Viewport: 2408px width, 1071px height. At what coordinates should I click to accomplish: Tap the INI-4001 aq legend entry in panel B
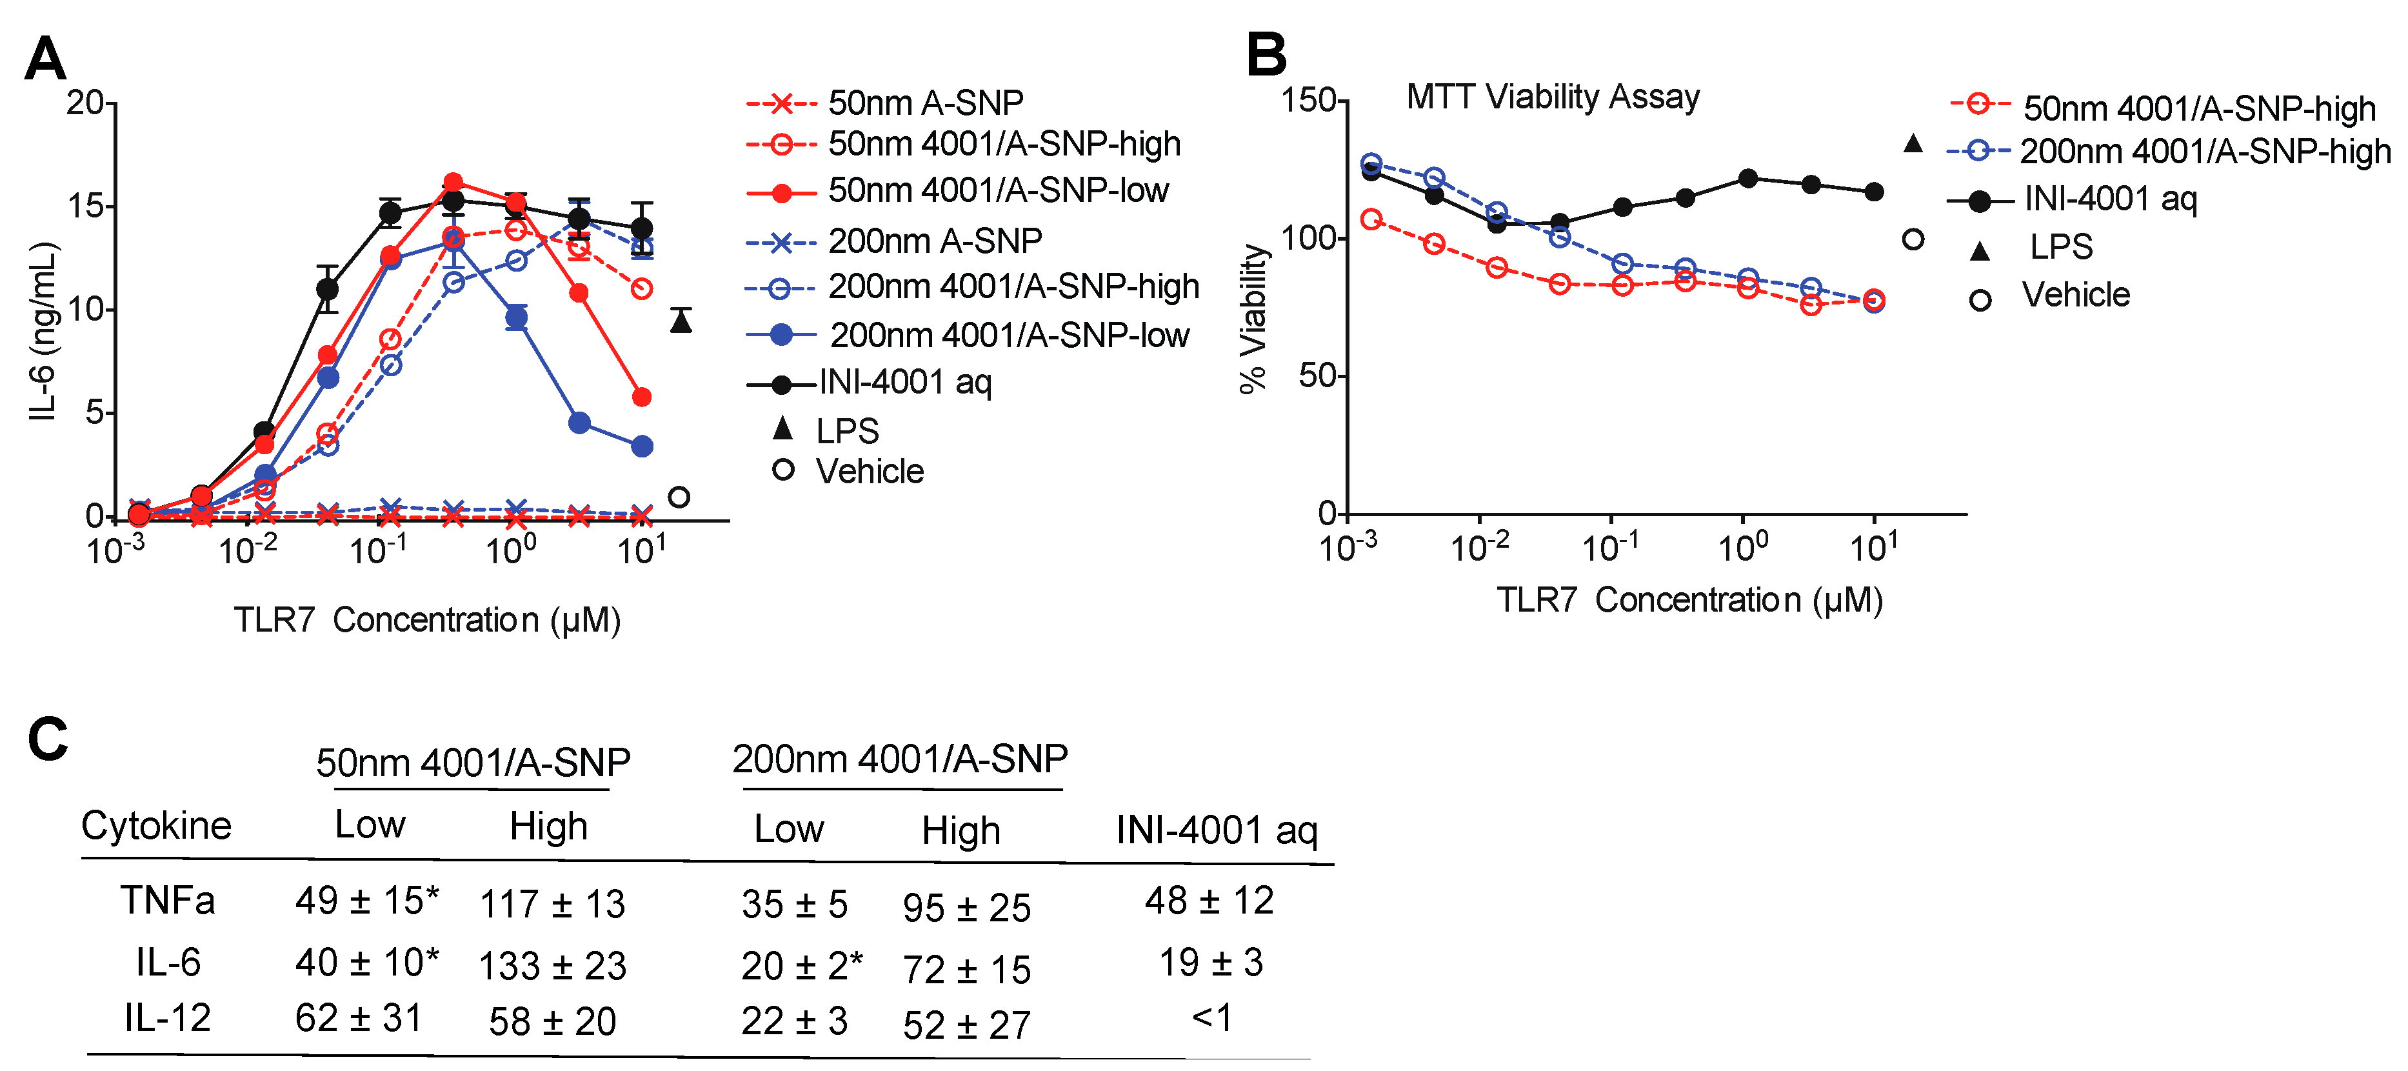pos(2109,199)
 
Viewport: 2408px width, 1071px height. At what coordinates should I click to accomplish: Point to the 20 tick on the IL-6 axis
pos(84,102)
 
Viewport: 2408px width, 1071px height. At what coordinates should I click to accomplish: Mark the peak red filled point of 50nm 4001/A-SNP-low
pos(453,182)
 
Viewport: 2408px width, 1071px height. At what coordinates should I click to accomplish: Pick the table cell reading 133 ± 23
pos(552,965)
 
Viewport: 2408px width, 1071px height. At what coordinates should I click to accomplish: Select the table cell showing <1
pos(1211,1017)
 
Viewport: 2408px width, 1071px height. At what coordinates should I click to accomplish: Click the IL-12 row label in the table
pos(168,1017)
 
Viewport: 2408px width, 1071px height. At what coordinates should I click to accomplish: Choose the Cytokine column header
pos(156,825)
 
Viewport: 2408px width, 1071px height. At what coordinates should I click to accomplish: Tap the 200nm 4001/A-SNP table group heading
pos(899,759)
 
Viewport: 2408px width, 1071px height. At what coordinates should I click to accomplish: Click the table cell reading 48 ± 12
pos(1209,901)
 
